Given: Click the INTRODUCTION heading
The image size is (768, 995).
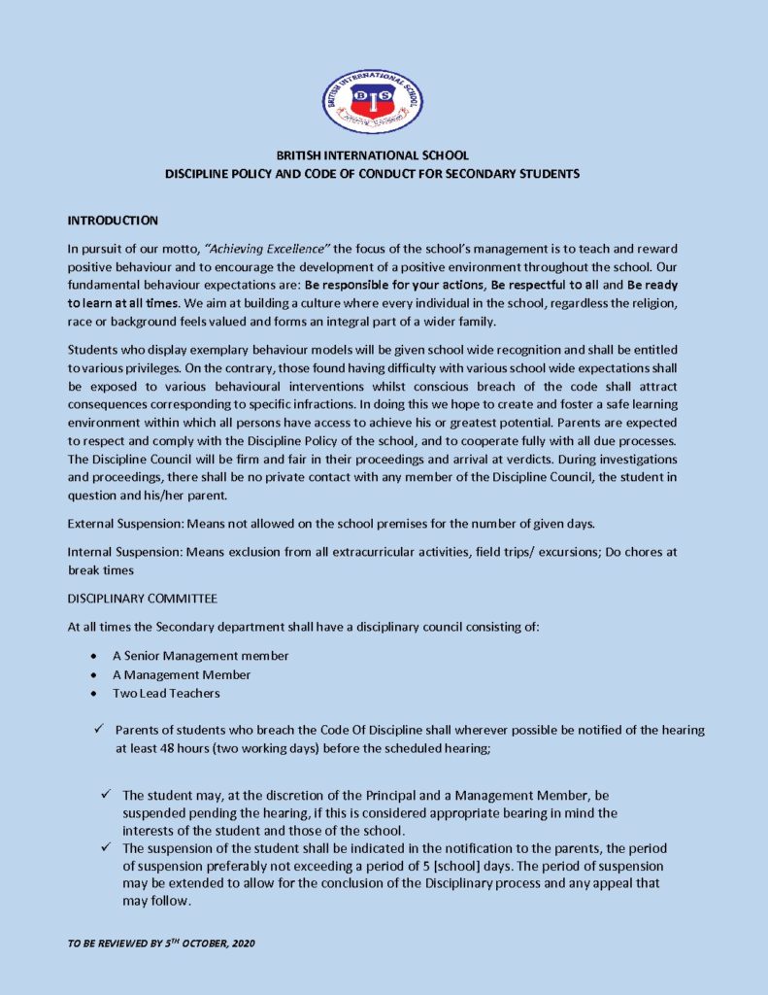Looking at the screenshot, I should pyautogui.click(x=113, y=222).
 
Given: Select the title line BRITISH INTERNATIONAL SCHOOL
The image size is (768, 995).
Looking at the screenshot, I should pyautogui.click(x=373, y=155).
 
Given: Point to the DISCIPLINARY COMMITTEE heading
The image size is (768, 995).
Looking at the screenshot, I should pyautogui.click(x=142, y=598).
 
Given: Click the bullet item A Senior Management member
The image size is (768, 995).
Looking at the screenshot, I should pyautogui.click(x=200, y=656).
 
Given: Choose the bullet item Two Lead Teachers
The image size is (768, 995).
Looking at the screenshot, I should pyautogui.click(x=166, y=693).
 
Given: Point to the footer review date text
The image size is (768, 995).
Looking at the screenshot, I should pyautogui.click(x=161, y=944).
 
